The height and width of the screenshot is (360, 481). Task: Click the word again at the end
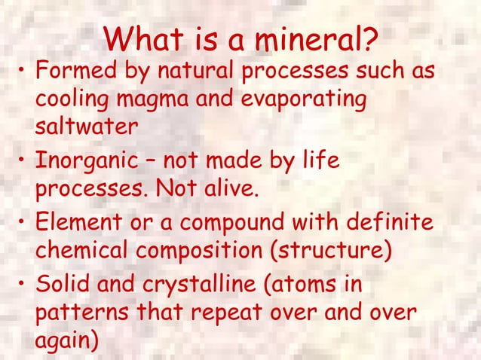coord(66,337)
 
